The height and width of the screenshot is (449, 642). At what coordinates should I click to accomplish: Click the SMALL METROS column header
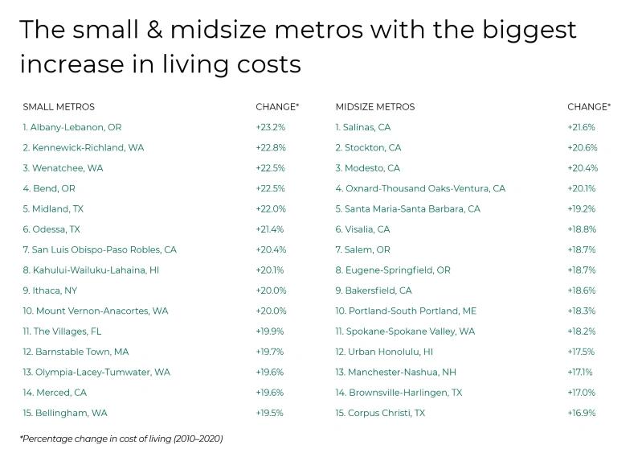(59, 107)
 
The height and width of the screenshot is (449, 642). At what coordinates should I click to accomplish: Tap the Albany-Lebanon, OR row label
(72, 127)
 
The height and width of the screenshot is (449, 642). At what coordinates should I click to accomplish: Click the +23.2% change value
(270, 127)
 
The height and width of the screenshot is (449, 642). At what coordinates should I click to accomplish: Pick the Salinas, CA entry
(363, 127)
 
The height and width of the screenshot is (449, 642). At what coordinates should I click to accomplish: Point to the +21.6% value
(582, 127)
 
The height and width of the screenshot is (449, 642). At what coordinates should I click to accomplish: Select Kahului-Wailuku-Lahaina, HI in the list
(91, 270)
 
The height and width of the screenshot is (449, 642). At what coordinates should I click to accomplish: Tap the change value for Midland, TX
(271, 209)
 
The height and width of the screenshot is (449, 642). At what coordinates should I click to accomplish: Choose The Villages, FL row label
(63, 332)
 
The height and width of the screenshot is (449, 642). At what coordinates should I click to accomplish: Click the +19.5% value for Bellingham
(270, 414)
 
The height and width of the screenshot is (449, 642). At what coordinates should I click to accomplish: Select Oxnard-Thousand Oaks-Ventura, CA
(420, 188)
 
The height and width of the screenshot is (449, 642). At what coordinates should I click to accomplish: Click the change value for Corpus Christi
(582, 414)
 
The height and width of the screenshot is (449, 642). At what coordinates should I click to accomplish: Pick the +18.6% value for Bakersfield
(582, 290)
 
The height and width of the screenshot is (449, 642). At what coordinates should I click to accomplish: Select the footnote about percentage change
(121, 439)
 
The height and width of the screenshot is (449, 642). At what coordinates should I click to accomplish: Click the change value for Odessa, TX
(270, 229)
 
